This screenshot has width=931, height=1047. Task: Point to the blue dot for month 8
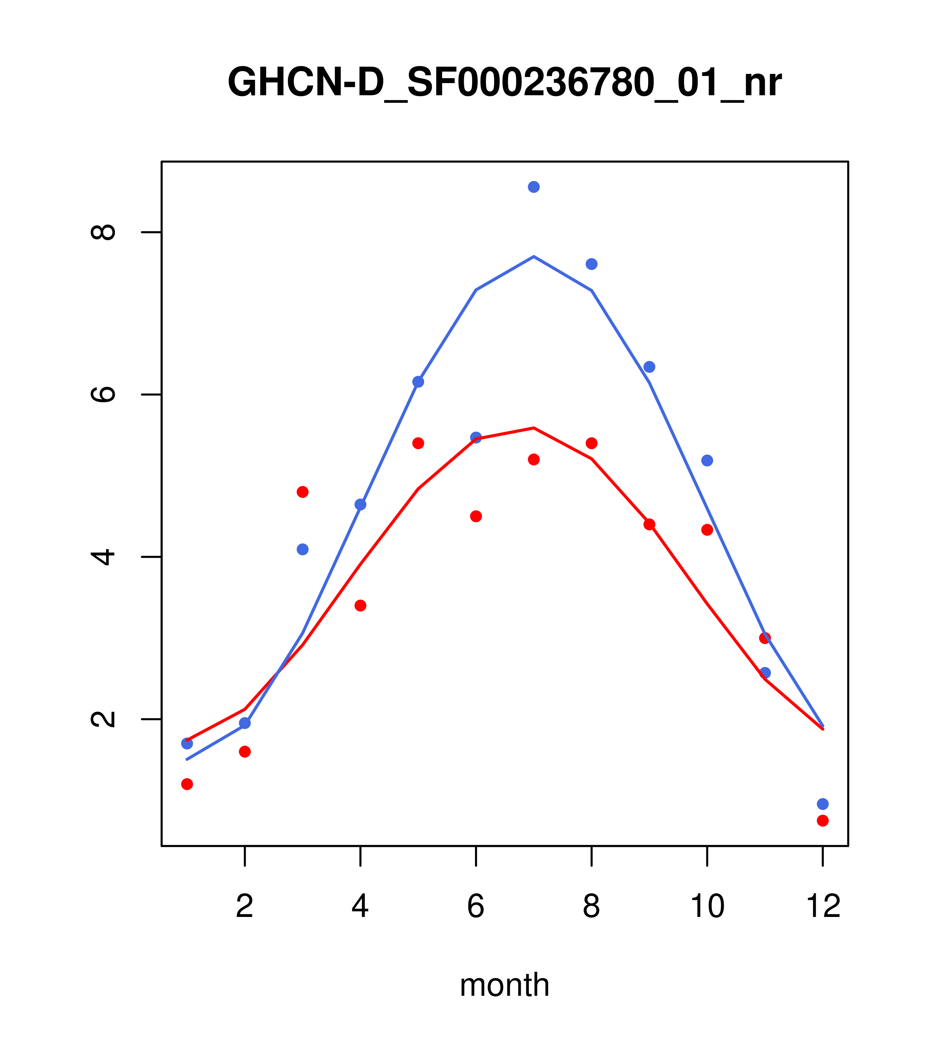click(591, 264)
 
